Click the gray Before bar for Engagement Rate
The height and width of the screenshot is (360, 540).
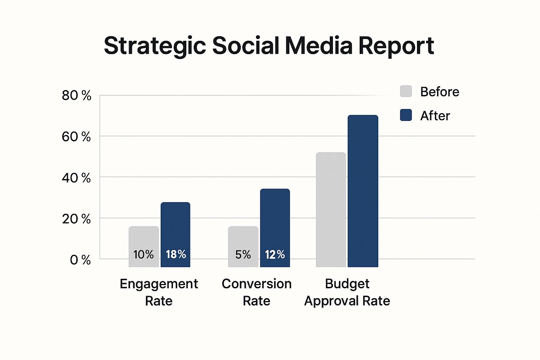[x=143, y=239]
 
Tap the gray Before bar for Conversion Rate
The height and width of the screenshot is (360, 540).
[x=243, y=239]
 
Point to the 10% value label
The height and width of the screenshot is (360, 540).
[x=143, y=254]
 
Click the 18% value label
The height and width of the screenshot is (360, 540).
[x=176, y=254]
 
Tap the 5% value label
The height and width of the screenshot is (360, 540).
[x=243, y=254]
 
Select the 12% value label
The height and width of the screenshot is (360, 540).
[x=275, y=254]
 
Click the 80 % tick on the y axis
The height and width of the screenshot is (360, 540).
[x=76, y=95]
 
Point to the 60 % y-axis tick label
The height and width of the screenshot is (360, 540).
[x=76, y=136]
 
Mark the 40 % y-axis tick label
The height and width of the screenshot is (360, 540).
[x=76, y=178]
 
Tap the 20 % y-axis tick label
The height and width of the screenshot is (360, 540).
[x=76, y=219]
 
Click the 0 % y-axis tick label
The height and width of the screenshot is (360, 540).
[x=80, y=260]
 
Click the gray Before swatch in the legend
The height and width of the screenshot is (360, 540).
[x=406, y=91]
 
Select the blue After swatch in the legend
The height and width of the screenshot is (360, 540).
[x=406, y=115]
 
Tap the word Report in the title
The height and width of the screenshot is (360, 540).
[x=396, y=46]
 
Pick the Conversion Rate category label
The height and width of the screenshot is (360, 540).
[x=257, y=292]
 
